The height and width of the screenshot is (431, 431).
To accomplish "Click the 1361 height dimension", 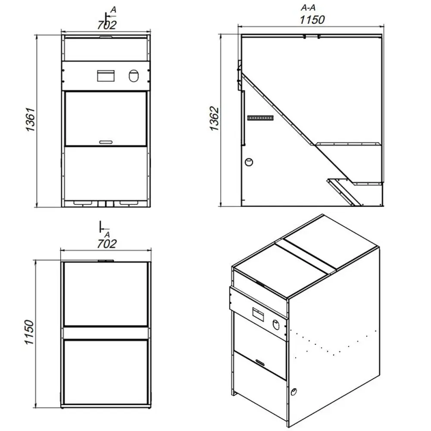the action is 30,119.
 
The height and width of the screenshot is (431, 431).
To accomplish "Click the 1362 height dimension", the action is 214,119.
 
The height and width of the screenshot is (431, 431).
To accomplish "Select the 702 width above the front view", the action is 106,25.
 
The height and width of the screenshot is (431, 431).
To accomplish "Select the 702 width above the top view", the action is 106,244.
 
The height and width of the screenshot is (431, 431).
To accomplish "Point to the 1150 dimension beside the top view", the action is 29,332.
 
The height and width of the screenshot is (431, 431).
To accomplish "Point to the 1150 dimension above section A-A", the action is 312,20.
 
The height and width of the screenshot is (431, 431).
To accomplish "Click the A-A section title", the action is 308,8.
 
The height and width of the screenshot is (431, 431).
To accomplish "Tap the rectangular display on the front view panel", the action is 106,76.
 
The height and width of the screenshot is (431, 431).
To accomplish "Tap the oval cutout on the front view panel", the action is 134,76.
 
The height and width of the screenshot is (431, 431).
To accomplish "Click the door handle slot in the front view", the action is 106,142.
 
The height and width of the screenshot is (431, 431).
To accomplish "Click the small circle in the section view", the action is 249,162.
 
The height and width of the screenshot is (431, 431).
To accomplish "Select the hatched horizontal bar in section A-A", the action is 260,118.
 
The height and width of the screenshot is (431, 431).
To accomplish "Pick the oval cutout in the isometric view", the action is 277,325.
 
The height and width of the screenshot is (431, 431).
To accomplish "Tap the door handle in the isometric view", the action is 260,362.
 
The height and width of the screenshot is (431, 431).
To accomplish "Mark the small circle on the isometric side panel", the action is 294,391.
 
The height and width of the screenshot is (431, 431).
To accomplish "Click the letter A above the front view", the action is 113,10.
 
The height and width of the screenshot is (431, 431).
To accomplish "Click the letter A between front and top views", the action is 107,234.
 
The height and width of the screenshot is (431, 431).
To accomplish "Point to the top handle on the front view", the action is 106,37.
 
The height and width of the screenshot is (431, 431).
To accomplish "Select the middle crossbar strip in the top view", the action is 106,333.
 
